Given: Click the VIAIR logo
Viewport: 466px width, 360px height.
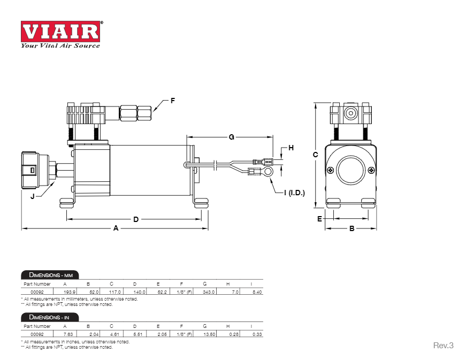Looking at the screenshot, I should coord(60,32).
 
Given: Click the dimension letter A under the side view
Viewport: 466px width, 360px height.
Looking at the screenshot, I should coord(116,228).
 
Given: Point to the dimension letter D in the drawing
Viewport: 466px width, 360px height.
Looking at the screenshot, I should coord(136,219).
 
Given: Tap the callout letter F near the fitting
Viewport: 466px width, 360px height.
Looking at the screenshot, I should coord(173,100).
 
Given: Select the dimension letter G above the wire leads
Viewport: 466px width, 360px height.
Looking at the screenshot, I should coord(231,137).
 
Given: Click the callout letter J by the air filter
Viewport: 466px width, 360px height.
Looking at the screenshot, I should coord(33,196).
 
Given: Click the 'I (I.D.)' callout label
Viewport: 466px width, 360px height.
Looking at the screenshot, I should coord(294,193).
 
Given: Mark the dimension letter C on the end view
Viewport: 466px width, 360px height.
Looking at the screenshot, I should coord(315,155).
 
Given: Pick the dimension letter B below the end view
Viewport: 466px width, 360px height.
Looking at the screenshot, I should coord(352,228).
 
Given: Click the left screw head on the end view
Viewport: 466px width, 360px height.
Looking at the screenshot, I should coord(331,170).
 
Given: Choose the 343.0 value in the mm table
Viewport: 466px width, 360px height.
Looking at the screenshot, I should coord(209,292).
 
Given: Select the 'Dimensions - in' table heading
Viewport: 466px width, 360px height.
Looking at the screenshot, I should coord(49,317).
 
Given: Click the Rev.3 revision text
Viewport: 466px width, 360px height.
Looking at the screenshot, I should coord(443,346).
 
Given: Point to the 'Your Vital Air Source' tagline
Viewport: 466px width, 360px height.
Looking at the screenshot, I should coord(60,45).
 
